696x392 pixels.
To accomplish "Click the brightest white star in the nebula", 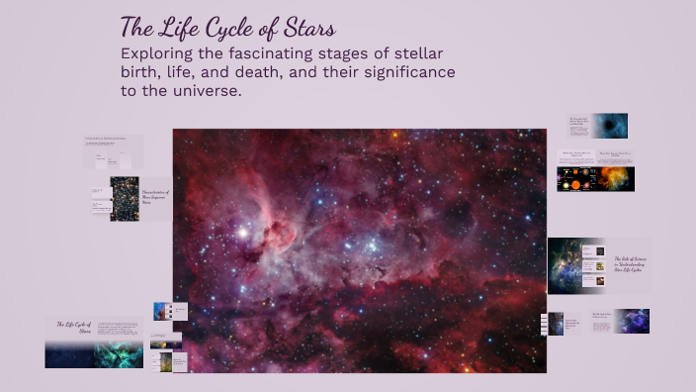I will coord(240,232).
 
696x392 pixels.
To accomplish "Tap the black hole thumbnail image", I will coord(611,126).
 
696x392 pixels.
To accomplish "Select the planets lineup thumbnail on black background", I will coord(574,179).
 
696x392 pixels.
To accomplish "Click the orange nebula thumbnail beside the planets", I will coord(616,178).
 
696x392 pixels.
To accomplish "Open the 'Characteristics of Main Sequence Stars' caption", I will coord(156,196).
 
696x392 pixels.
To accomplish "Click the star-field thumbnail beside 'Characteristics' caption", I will coord(125,198).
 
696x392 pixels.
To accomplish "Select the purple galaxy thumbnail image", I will coord(633,321).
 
